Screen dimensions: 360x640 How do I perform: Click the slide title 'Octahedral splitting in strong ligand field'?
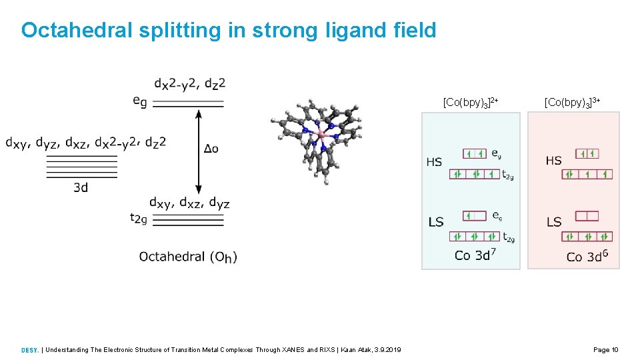[229, 30]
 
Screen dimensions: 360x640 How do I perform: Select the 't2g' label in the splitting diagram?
[139, 219]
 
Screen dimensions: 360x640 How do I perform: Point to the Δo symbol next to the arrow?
[211, 149]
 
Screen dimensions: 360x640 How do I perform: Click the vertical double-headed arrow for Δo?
[198, 152]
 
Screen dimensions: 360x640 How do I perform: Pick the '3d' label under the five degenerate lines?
[81, 187]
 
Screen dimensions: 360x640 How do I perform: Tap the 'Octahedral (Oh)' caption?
[188, 257]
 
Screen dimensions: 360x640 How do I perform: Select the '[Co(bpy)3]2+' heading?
[471, 102]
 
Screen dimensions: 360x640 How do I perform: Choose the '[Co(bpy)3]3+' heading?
[573, 102]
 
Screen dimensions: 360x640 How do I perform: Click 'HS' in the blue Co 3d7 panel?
[434, 162]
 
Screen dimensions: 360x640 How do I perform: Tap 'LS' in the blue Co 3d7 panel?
[435, 222]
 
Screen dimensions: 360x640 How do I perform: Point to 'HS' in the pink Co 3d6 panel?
[553, 161]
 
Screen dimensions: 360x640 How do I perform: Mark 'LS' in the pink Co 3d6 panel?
[554, 222]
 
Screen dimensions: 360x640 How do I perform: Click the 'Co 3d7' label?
[475, 255]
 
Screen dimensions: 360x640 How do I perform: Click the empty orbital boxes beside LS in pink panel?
[587, 216]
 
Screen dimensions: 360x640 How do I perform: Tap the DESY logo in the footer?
[29, 350]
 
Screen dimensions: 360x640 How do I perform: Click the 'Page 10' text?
[606, 350]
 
